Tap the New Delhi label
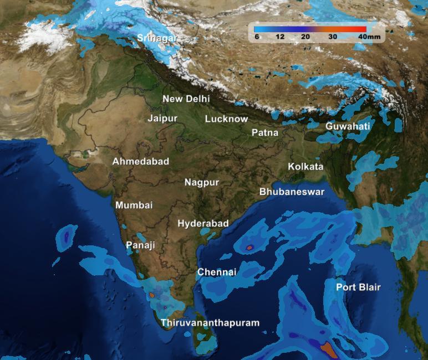tap(186, 99)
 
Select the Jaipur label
tap(162, 119)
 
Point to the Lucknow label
tap(226, 119)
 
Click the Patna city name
tap(265, 133)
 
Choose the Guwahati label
tap(348, 126)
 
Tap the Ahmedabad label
tap(141, 162)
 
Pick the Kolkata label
tap(305, 167)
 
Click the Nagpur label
tap(202, 182)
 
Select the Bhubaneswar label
tap(292, 192)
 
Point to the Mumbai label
tap(134, 205)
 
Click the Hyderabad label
tap(203, 223)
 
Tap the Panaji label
tap(140, 245)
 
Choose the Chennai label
tap(217, 272)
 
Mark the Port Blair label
tap(359, 287)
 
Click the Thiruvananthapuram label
tap(210, 322)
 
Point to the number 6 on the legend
tap(257, 37)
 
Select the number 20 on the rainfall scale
tap(305, 37)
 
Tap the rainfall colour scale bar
tap(310, 29)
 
